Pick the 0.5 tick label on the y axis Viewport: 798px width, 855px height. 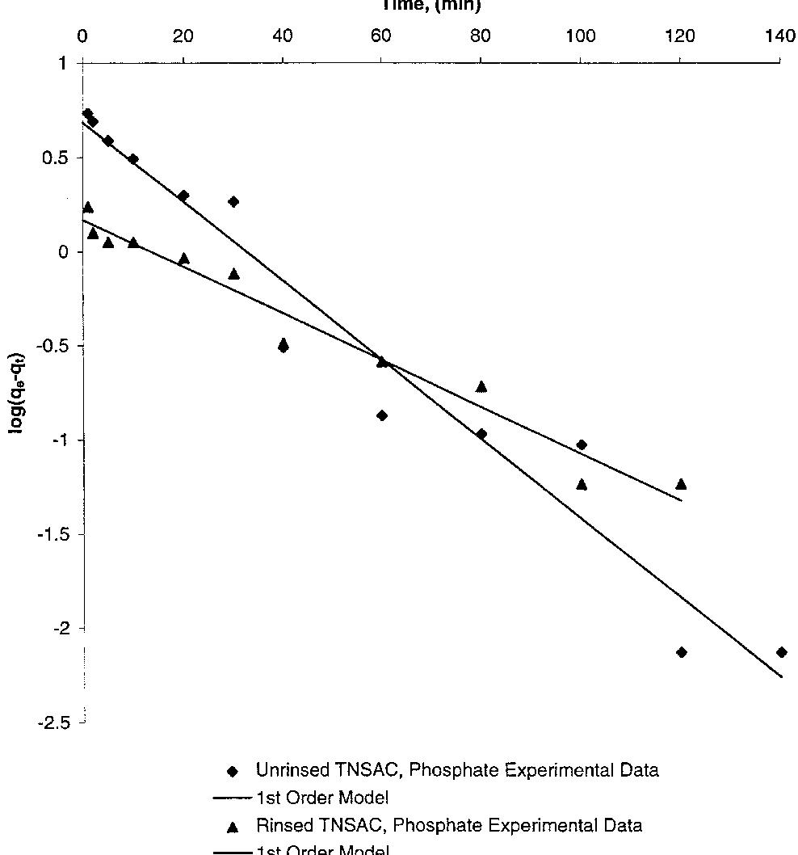(59, 158)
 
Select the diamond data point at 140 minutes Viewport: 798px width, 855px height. (781, 652)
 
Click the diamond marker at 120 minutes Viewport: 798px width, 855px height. (682, 652)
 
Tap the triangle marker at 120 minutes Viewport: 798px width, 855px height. (681, 484)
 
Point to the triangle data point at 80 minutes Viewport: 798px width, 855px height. (481, 386)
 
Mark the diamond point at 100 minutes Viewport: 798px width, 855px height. (582, 445)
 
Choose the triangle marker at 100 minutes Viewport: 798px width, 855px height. (582, 484)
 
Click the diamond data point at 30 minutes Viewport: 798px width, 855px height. (233, 201)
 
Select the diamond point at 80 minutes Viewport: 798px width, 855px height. (481, 434)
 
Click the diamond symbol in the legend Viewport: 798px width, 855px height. (233, 771)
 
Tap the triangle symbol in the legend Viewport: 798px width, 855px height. (233, 826)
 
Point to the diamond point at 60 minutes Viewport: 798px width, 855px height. (382, 415)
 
